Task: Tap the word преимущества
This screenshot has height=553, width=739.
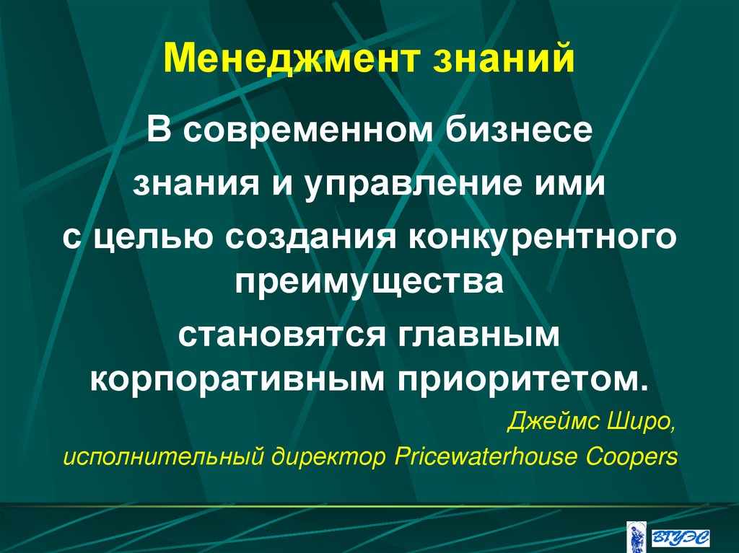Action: pyautogui.click(x=369, y=279)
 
